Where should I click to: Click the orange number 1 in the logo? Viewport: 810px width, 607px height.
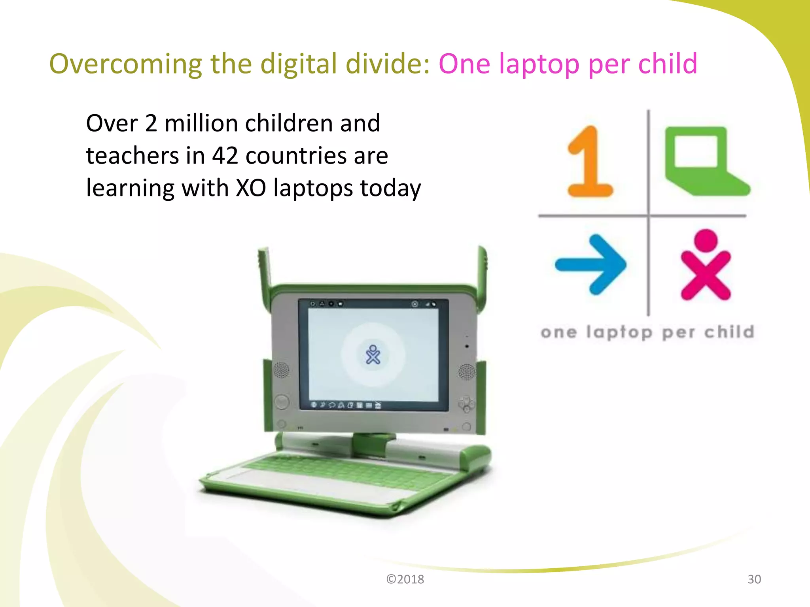click(x=589, y=162)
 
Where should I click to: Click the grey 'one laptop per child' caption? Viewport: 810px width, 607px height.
click(x=647, y=332)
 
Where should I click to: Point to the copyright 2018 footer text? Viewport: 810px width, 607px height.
click(x=405, y=579)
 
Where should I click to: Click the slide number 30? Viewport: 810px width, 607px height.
click(x=754, y=579)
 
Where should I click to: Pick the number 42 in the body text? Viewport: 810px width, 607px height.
click(x=225, y=155)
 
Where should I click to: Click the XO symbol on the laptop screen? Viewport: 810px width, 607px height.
click(x=373, y=355)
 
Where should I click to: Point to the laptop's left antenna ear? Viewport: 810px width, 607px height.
click(x=264, y=269)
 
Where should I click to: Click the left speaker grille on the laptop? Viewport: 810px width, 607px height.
click(x=281, y=370)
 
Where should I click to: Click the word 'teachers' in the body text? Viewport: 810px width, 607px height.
click(x=132, y=155)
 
